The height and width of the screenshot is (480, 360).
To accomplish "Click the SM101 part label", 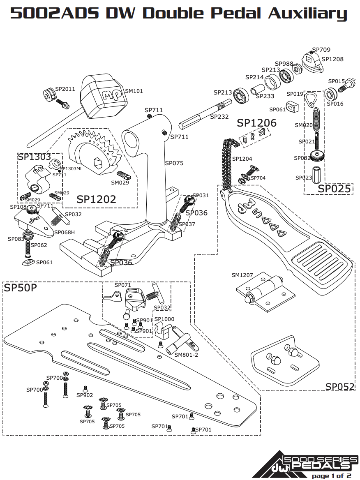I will [134, 91].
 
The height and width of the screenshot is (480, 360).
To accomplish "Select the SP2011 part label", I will [65, 88].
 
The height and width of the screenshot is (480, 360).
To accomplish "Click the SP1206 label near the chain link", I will [256, 123].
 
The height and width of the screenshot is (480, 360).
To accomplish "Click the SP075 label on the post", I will [174, 163].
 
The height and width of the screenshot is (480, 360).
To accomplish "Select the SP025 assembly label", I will [335, 189].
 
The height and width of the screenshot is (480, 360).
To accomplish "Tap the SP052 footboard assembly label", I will [340, 386].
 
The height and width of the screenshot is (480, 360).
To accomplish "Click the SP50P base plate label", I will [21, 288].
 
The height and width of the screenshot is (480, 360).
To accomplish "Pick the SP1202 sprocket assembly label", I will [96, 199].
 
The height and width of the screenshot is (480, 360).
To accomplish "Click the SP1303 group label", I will [34, 157].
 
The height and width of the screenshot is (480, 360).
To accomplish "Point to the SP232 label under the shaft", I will [219, 117].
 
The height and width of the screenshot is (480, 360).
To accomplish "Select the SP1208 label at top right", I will [332, 59].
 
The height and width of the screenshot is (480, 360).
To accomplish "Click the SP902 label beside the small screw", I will [85, 395].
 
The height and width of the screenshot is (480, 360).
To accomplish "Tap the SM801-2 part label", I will [186, 355].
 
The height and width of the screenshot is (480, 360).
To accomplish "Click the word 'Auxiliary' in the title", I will [307, 14].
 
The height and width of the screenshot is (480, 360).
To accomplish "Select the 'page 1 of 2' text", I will [331, 476].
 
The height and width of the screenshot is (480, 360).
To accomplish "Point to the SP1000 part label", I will [164, 319].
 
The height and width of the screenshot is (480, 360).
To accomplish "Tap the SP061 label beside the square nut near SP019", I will [277, 110].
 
